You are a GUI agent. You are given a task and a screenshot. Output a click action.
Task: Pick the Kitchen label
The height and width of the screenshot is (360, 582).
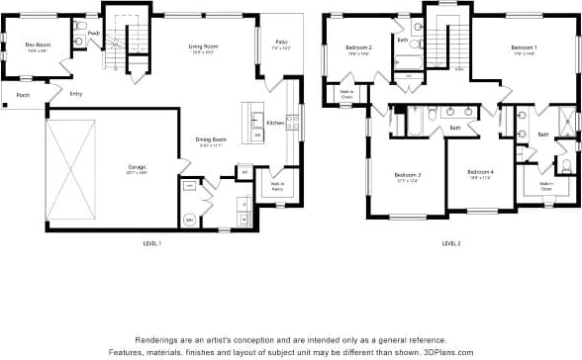275,123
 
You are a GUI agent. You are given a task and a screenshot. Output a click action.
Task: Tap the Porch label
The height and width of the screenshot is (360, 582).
23,96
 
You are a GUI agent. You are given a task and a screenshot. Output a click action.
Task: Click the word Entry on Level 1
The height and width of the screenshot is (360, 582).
76,94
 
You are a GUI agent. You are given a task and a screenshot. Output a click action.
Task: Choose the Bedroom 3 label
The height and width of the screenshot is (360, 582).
408,177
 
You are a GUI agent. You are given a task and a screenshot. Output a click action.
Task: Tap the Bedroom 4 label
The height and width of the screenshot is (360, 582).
481,174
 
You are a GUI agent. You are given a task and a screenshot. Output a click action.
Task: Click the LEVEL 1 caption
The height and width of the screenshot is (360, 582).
152,243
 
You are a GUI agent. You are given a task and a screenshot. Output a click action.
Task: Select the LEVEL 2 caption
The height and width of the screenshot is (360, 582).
450,243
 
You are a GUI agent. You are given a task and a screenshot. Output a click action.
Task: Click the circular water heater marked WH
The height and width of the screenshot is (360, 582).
189,220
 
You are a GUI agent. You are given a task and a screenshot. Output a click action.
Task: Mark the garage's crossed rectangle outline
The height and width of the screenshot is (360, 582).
71,170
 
